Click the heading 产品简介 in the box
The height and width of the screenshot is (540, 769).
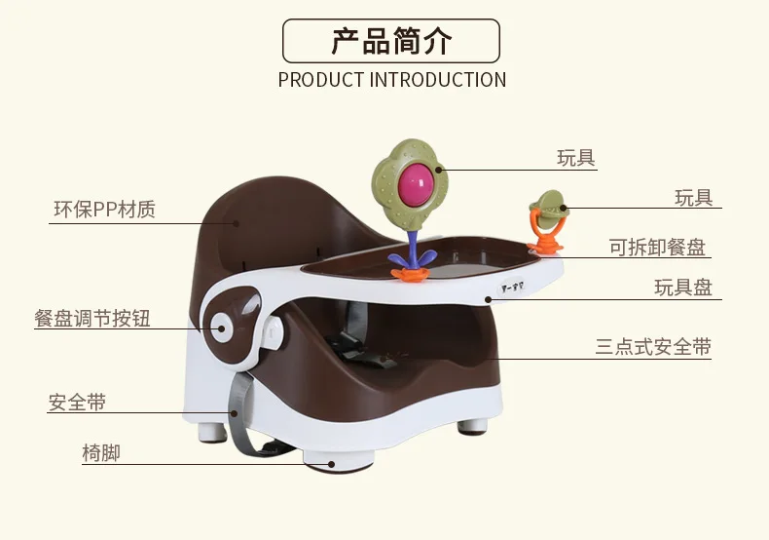391,41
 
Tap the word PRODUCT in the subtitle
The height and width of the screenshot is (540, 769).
320,80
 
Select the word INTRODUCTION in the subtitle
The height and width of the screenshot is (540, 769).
438,80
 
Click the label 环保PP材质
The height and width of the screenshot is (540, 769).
104,209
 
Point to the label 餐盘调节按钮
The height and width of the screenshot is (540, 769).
92,319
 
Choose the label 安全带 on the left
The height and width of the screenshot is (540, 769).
77,402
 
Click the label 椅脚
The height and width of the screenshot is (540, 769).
100,452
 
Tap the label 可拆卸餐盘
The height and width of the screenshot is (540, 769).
657,248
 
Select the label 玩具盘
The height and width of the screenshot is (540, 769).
682,288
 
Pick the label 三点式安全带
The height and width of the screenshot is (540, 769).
653,346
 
